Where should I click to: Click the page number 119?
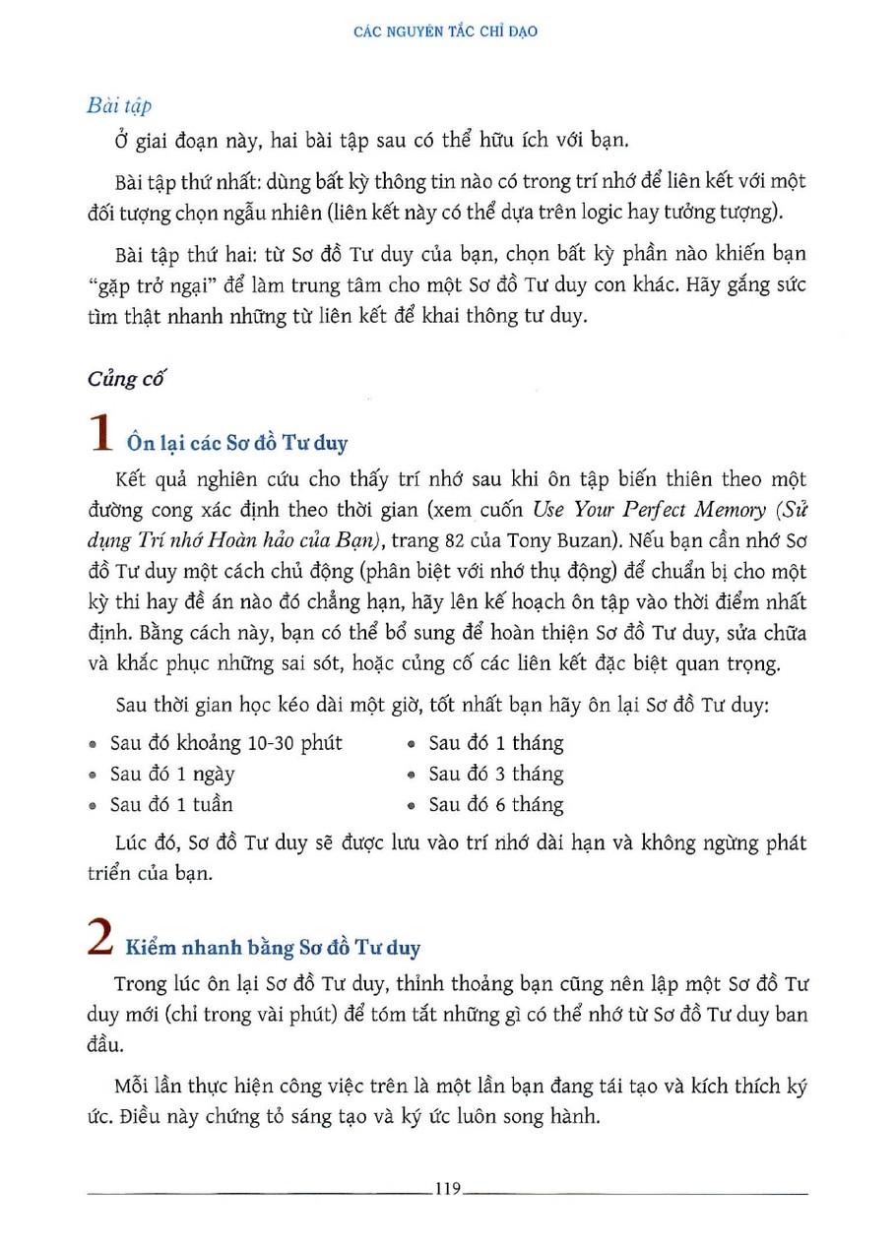(x=447, y=1190)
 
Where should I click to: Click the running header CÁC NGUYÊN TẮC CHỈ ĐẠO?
(x=445, y=31)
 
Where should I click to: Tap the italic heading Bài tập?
(x=118, y=105)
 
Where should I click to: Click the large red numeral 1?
(x=99, y=435)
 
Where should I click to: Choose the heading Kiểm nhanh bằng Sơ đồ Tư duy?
(x=273, y=949)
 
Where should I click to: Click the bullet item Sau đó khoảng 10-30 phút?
(x=225, y=743)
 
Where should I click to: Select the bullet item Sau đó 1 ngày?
(x=172, y=774)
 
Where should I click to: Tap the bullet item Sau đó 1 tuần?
(x=171, y=804)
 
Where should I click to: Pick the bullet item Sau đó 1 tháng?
(x=495, y=743)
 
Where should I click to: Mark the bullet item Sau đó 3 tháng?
(x=495, y=774)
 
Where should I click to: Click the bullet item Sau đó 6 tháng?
(x=495, y=804)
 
